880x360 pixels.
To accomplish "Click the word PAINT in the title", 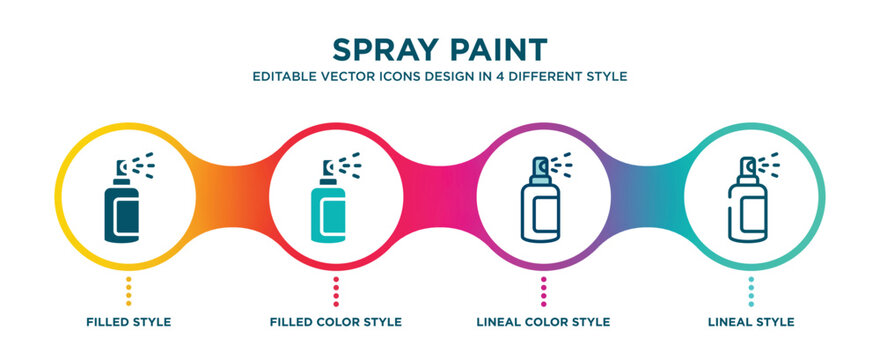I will tap(500, 49).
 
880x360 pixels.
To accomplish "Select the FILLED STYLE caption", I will tap(128, 322).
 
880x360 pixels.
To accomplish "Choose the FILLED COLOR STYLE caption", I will tap(336, 322).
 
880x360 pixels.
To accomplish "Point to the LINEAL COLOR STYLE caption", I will tap(544, 322).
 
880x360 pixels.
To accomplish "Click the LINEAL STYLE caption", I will tap(751, 322).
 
